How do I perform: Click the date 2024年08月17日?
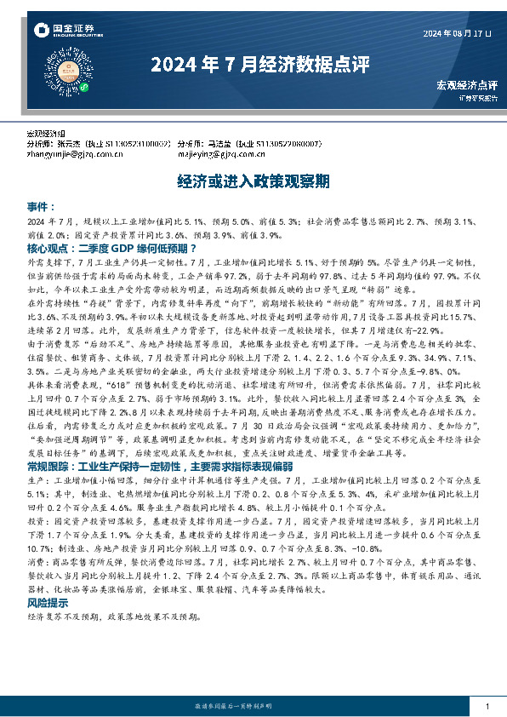[x=457, y=33]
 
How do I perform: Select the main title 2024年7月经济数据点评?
[x=253, y=64]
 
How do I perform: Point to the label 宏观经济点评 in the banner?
[x=466, y=84]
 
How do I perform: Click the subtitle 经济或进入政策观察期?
[x=253, y=181]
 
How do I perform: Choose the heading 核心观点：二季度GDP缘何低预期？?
[x=105, y=248]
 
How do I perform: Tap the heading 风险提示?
[x=49, y=603]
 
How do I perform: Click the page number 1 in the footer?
[x=486, y=707]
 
